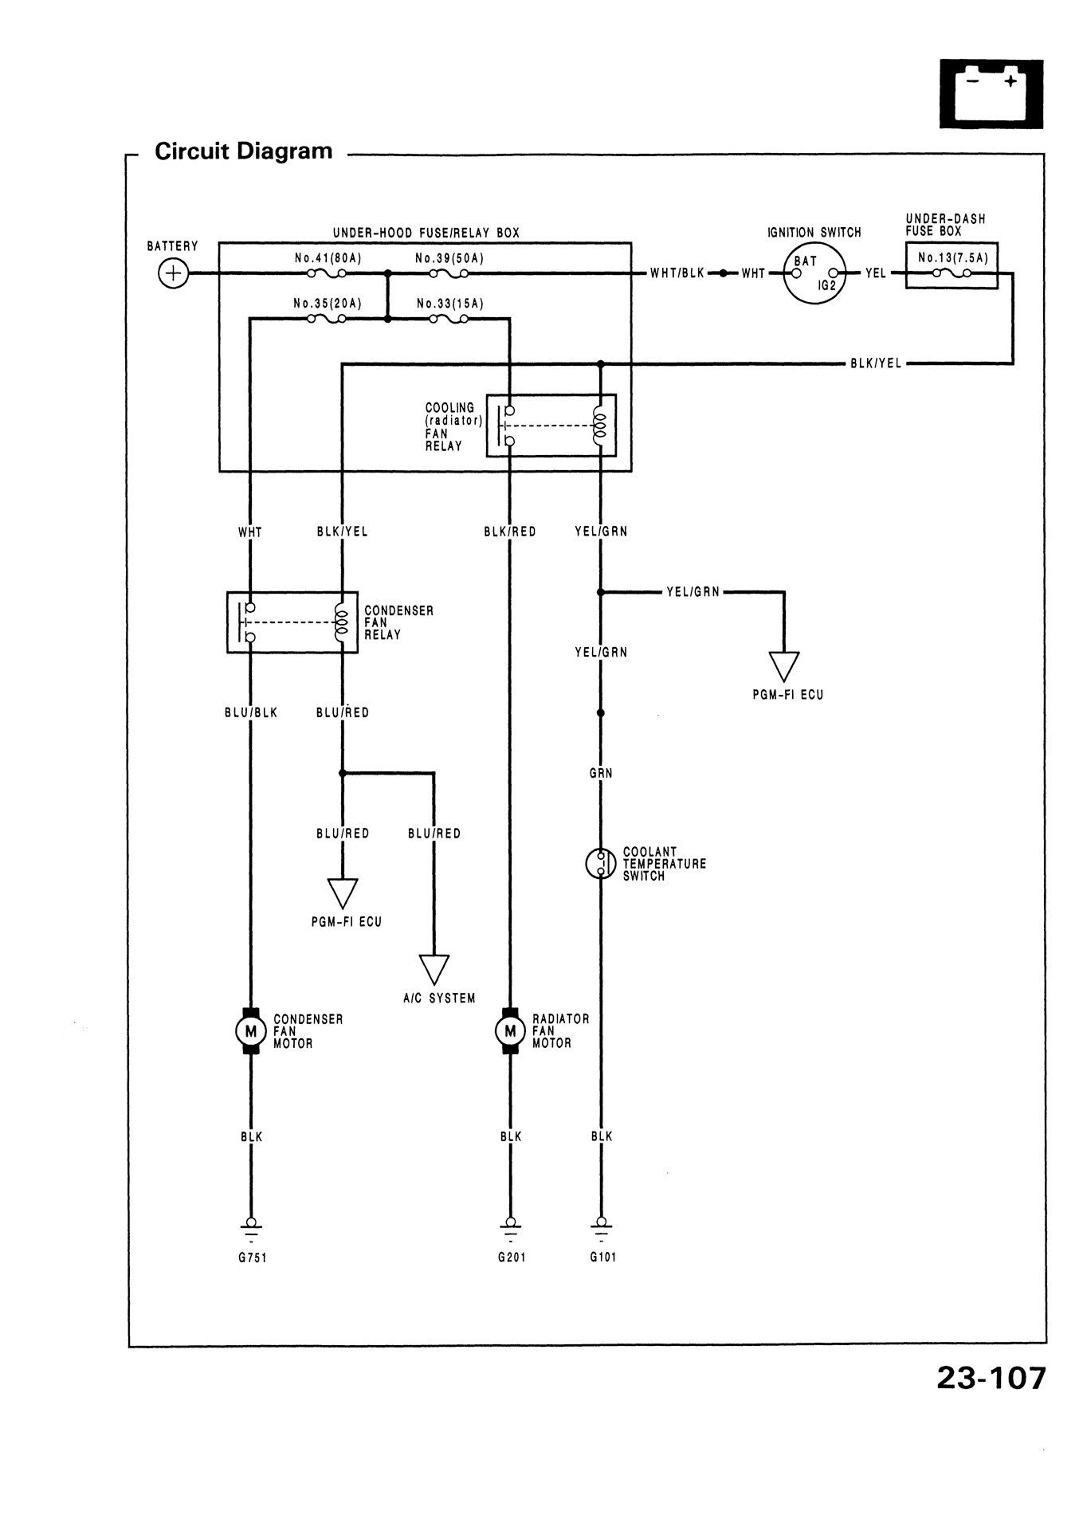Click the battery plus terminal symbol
tap(171, 273)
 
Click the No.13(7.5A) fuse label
tap(952, 257)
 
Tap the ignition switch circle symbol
tap(814, 273)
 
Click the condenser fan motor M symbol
tap(250, 1031)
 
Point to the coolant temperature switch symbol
tap(600, 863)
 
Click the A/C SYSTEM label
tap(439, 998)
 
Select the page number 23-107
tap(990, 1378)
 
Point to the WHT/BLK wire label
tap(677, 273)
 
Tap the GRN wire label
tap(601, 773)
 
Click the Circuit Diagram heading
tap(243, 151)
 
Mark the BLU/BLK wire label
tap(251, 712)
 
